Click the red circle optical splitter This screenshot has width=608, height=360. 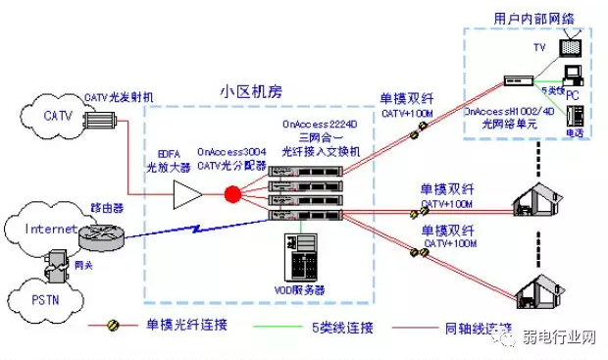[232, 193]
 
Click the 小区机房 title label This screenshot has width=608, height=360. [251, 91]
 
